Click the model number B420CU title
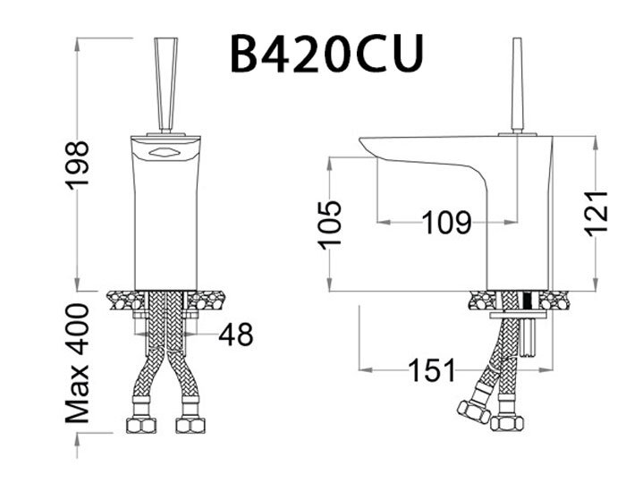click(x=326, y=53)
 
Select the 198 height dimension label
click(x=78, y=165)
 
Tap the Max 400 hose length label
click(x=78, y=362)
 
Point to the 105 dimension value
click(x=331, y=224)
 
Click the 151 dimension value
click(x=432, y=369)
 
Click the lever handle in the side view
click(x=516, y=85)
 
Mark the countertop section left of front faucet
click(x=122, y=300)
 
